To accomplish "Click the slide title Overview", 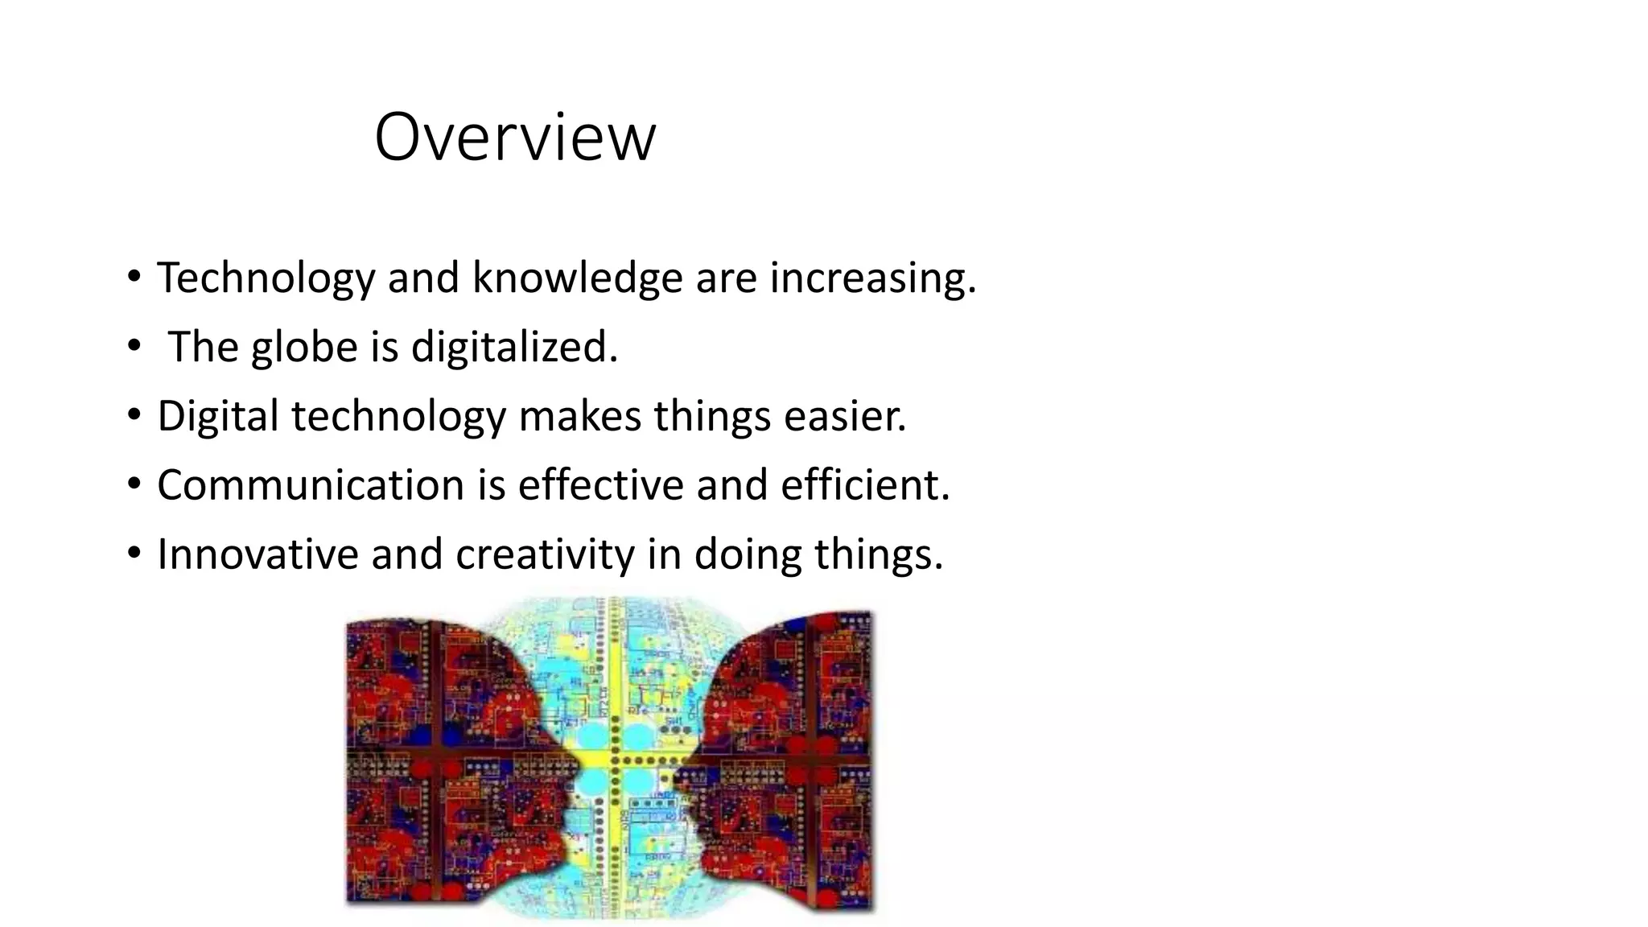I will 515,137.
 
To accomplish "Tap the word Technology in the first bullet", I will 266,278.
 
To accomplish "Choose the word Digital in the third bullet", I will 217,417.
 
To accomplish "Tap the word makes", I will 579,417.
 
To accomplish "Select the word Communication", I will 311,486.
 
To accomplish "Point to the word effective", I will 600,486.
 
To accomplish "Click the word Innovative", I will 257,555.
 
